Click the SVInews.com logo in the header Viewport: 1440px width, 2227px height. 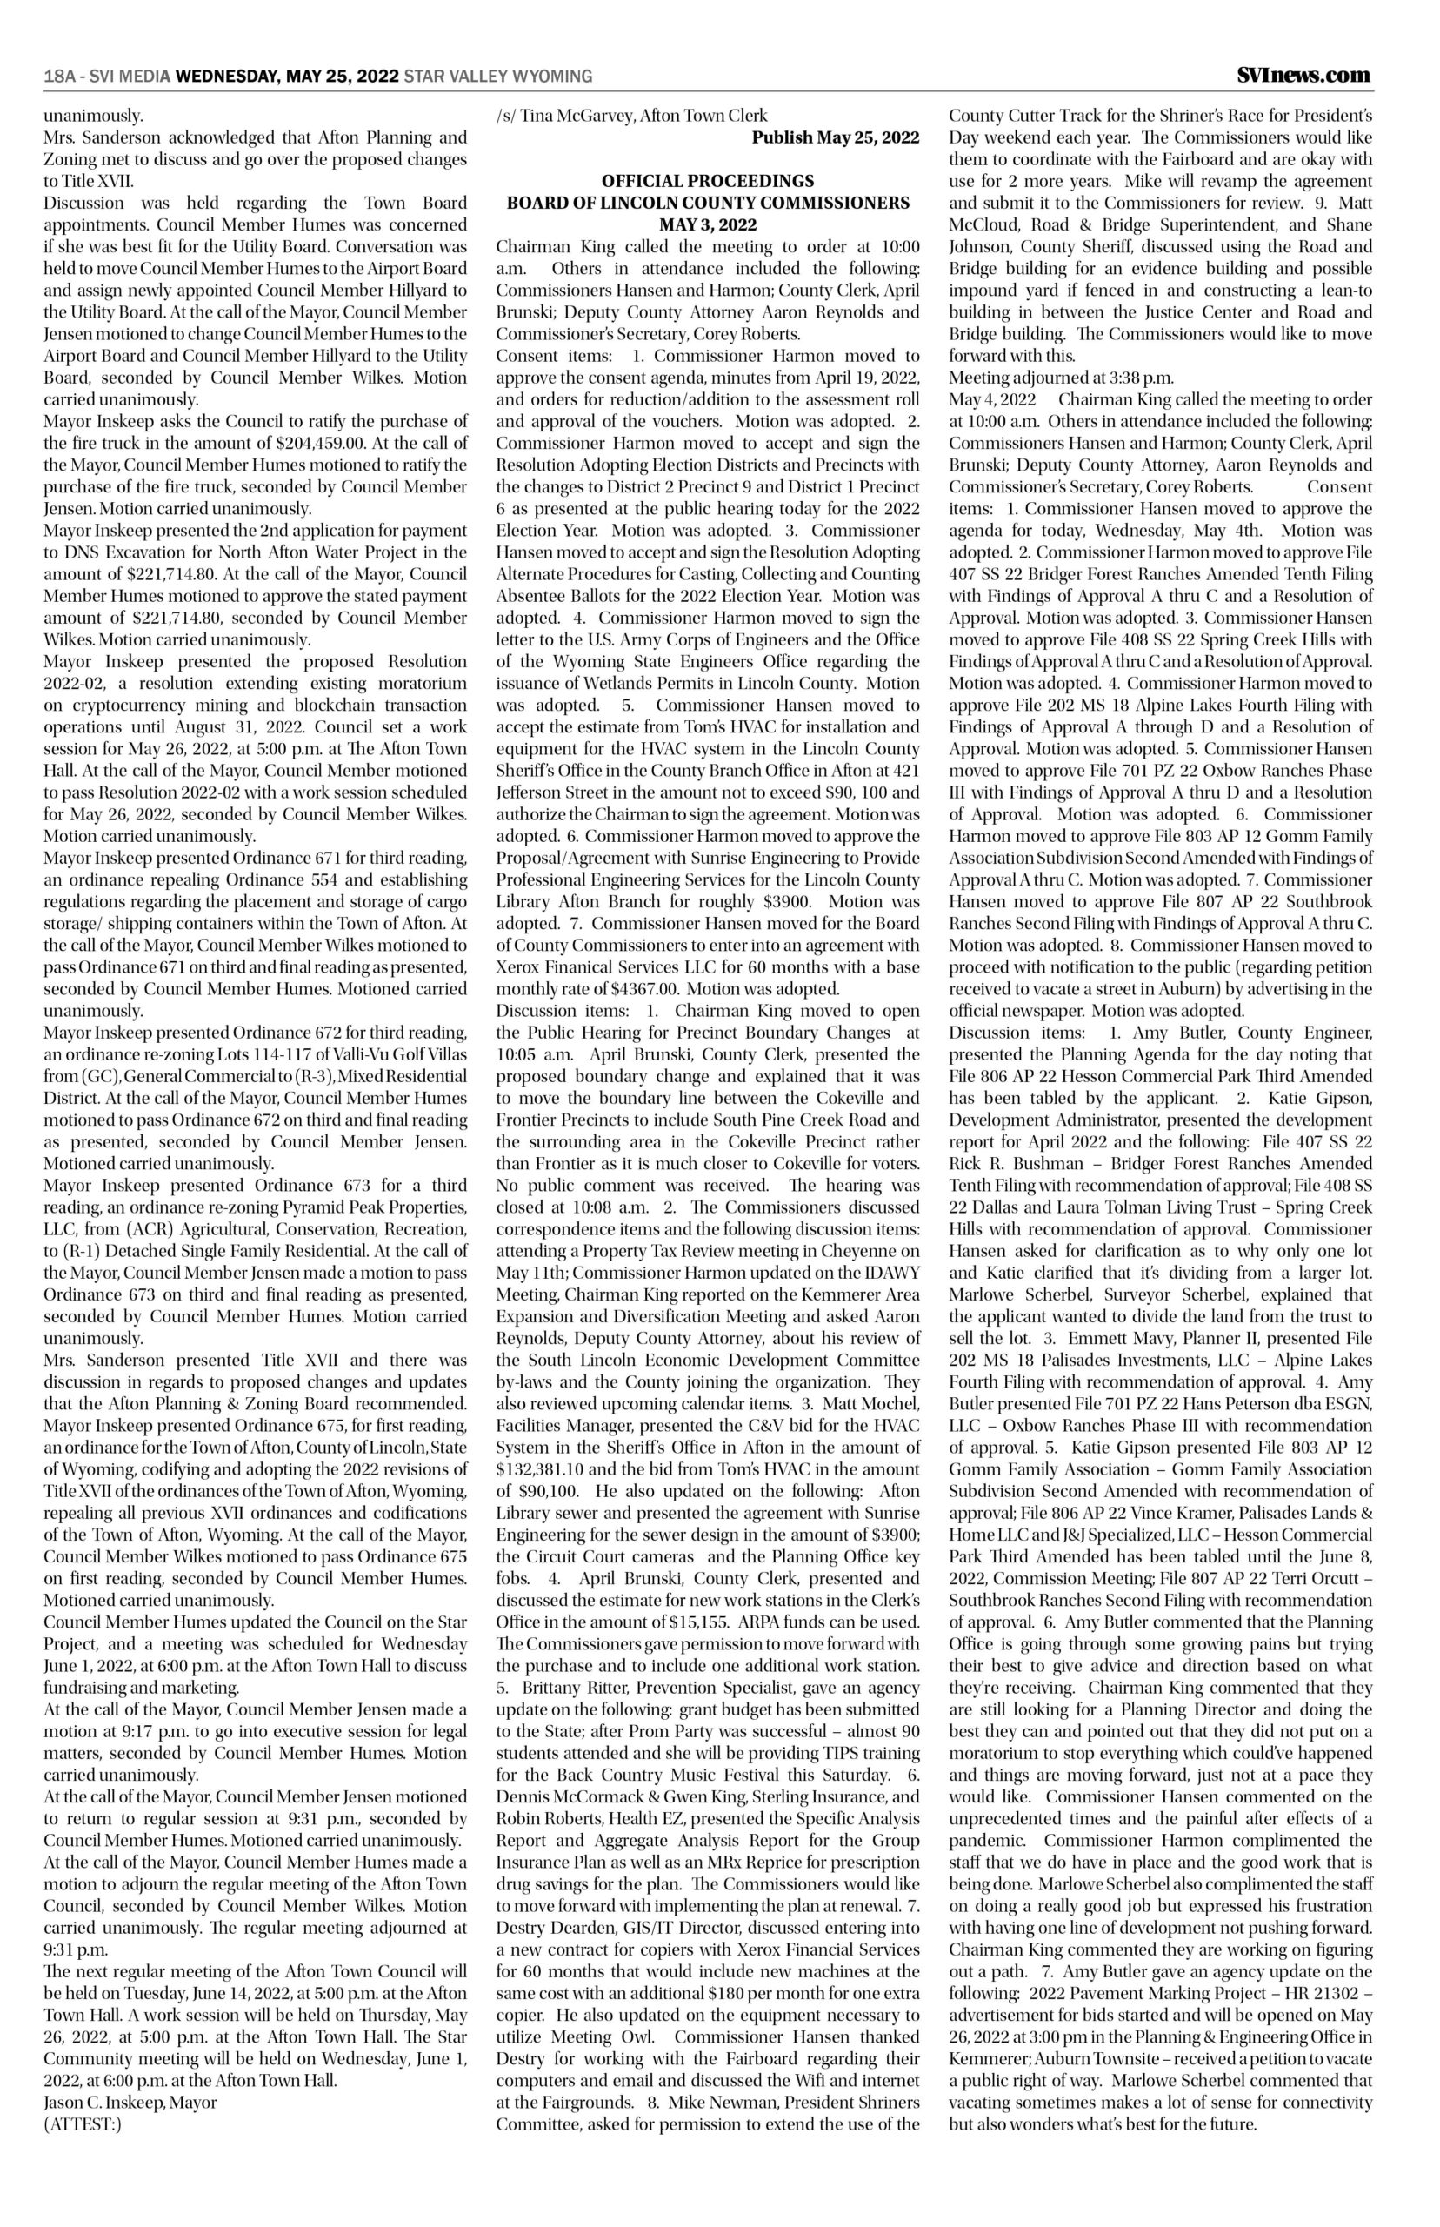(1303, 75)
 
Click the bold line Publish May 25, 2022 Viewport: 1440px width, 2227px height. (836, 137)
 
